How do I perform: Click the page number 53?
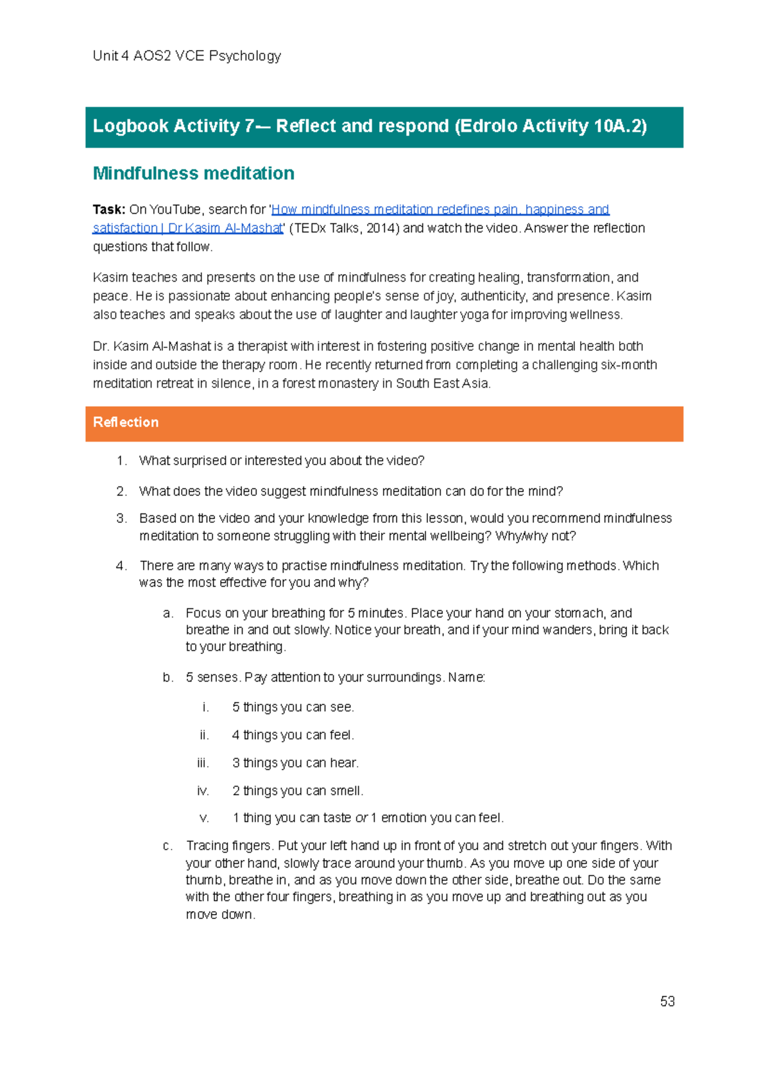point(667,1001)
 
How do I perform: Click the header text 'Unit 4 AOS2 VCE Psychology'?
point(187,56)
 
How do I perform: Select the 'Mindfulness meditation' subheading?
point(193,173)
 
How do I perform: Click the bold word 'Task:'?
point(108,209)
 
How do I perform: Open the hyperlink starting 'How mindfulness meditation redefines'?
point(440,209)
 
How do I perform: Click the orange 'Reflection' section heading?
point(126,422)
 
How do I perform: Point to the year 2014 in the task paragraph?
point(380,228)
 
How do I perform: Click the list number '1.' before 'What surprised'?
point(122,461)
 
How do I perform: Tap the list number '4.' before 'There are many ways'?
point(122,565)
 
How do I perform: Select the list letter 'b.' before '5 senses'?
point(168,677)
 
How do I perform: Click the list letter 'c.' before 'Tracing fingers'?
point(168,846)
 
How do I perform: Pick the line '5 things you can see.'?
point(293,707)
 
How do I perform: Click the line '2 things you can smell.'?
point(297,791)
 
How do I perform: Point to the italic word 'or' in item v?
point(361,818)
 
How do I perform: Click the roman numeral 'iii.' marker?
point(203,762)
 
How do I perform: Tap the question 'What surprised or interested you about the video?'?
point(282,461)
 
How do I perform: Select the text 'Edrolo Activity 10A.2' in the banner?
point(550,126)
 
